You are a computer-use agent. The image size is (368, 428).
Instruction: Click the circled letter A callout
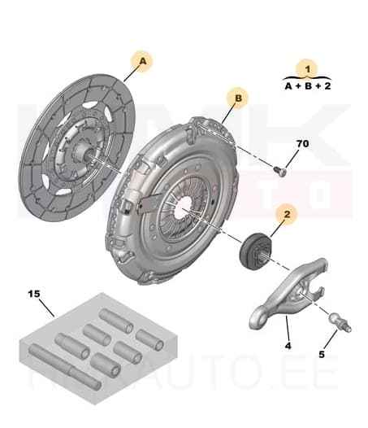(x=143, y=60)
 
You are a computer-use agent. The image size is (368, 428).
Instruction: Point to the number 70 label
(x=302, y=144)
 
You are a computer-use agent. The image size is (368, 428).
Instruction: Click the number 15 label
(x=34, y=293)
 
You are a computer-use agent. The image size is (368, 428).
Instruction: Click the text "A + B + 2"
(x=307, y=85)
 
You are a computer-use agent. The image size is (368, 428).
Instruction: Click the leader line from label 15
(x=45, y=306)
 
